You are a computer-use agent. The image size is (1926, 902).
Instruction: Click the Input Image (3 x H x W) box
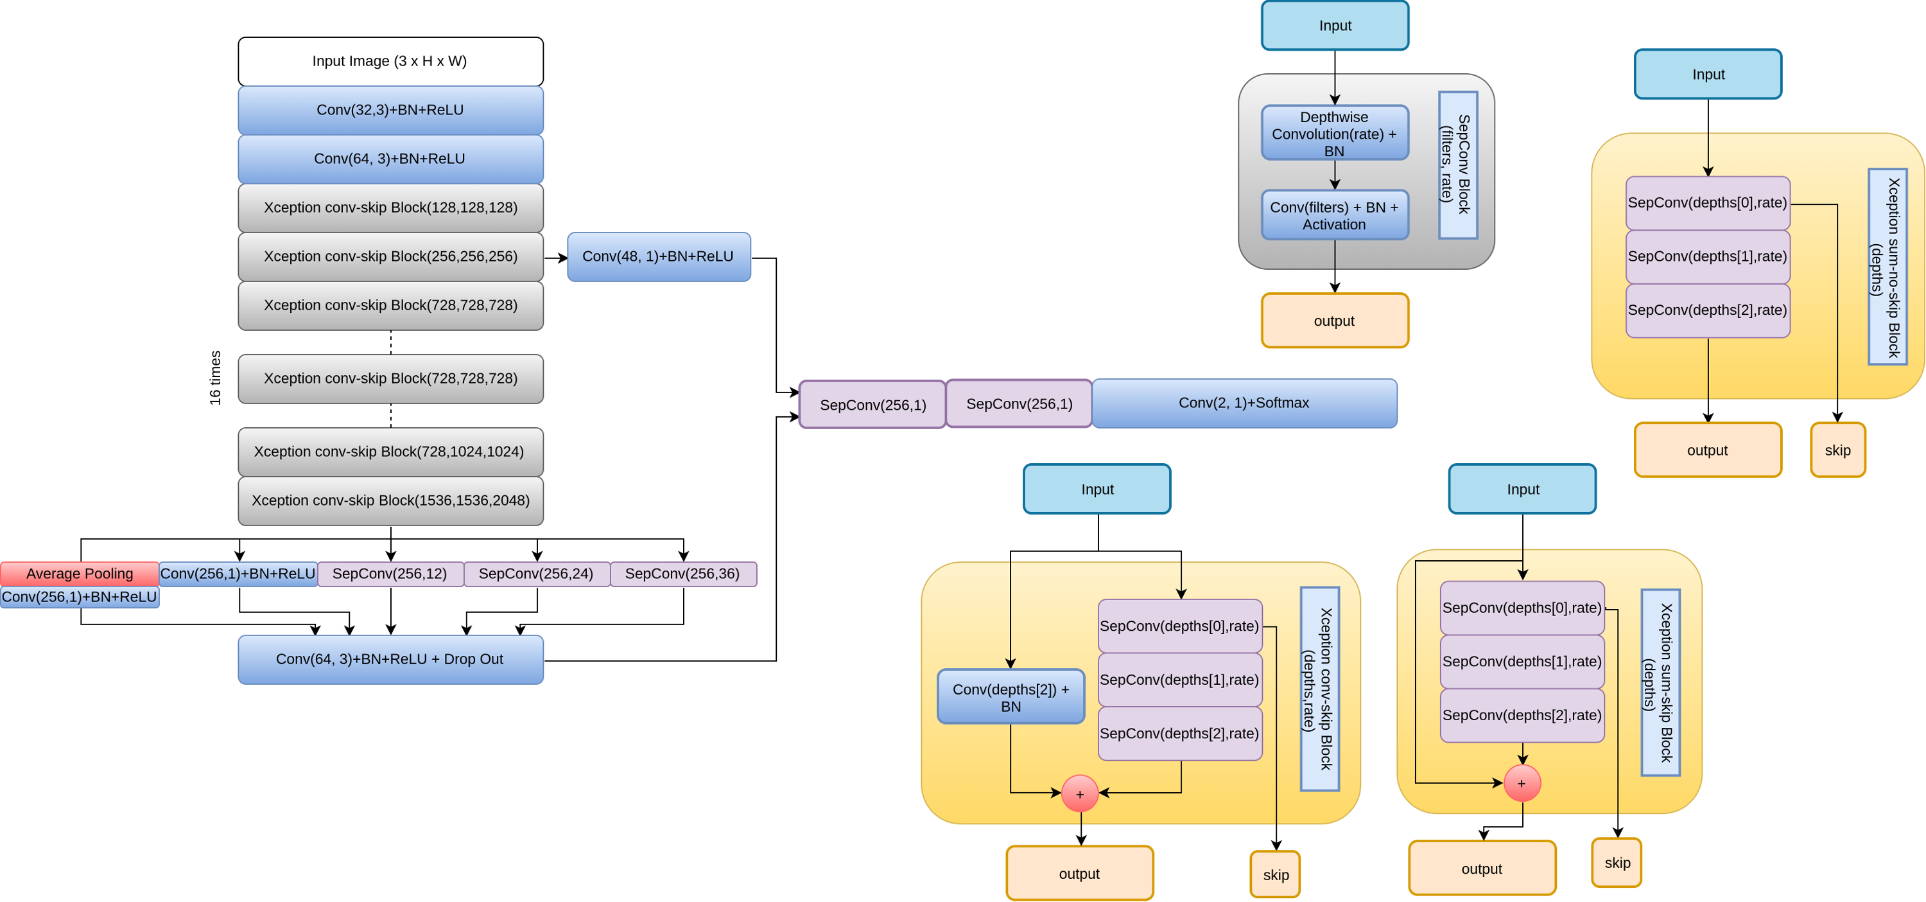(390, 61)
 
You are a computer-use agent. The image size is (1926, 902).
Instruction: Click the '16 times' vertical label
(215, 378)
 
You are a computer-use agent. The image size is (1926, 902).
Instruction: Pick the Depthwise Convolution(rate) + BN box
(1335, 134)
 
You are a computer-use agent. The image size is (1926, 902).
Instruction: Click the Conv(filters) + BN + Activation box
(1335, 215)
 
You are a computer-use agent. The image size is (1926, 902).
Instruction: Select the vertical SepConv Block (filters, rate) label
(1457, 165)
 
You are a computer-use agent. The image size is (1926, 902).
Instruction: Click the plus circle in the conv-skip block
(1080, 793)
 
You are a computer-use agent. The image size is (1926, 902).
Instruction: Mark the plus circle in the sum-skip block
(1522, 783)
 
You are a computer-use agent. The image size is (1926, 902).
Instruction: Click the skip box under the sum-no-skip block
(1837, 450)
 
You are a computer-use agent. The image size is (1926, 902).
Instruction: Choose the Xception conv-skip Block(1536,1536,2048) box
(390, 500)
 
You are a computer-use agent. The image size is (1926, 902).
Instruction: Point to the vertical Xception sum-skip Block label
(1660, 682)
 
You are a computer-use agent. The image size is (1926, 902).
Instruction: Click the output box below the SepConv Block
(1335, 321)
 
